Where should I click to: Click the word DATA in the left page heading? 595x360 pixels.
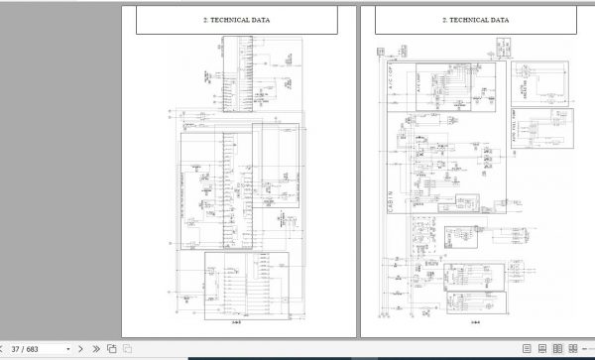click(257, 19)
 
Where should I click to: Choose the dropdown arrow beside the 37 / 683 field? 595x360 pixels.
click(69, 349)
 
